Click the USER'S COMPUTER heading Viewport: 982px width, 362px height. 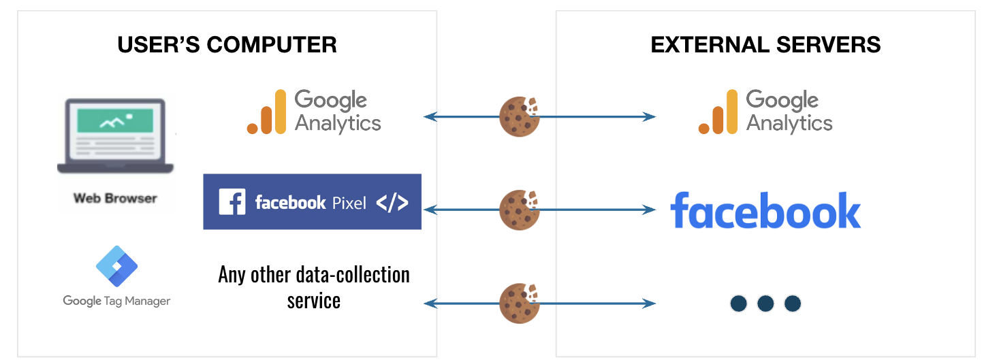click(227, 45)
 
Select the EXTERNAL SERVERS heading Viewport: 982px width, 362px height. click(765, 45)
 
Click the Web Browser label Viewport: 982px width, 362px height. click(115, 199)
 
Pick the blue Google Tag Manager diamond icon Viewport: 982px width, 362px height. click(116, 266)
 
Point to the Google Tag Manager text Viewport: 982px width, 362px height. click(116, 301)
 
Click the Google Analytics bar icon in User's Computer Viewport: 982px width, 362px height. click(266, 113)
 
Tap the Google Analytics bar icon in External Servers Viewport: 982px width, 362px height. click(718, 112)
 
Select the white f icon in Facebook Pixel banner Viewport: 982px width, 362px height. click(232, 202)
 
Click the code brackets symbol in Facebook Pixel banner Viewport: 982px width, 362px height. click(392, 202)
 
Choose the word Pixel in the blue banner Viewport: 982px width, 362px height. click(349, 203)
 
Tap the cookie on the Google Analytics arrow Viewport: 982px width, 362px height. click(520, 116)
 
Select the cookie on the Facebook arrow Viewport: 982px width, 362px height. click(520, 210)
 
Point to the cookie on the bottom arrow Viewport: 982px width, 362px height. click(520, 303)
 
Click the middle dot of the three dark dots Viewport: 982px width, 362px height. click(765, 303)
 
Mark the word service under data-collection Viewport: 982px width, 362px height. click(313, 300)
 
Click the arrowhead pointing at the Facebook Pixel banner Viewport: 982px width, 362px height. click(428, 210)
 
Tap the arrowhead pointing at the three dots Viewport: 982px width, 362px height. click(650, 303)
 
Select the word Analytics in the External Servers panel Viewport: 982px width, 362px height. click(789, 123)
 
